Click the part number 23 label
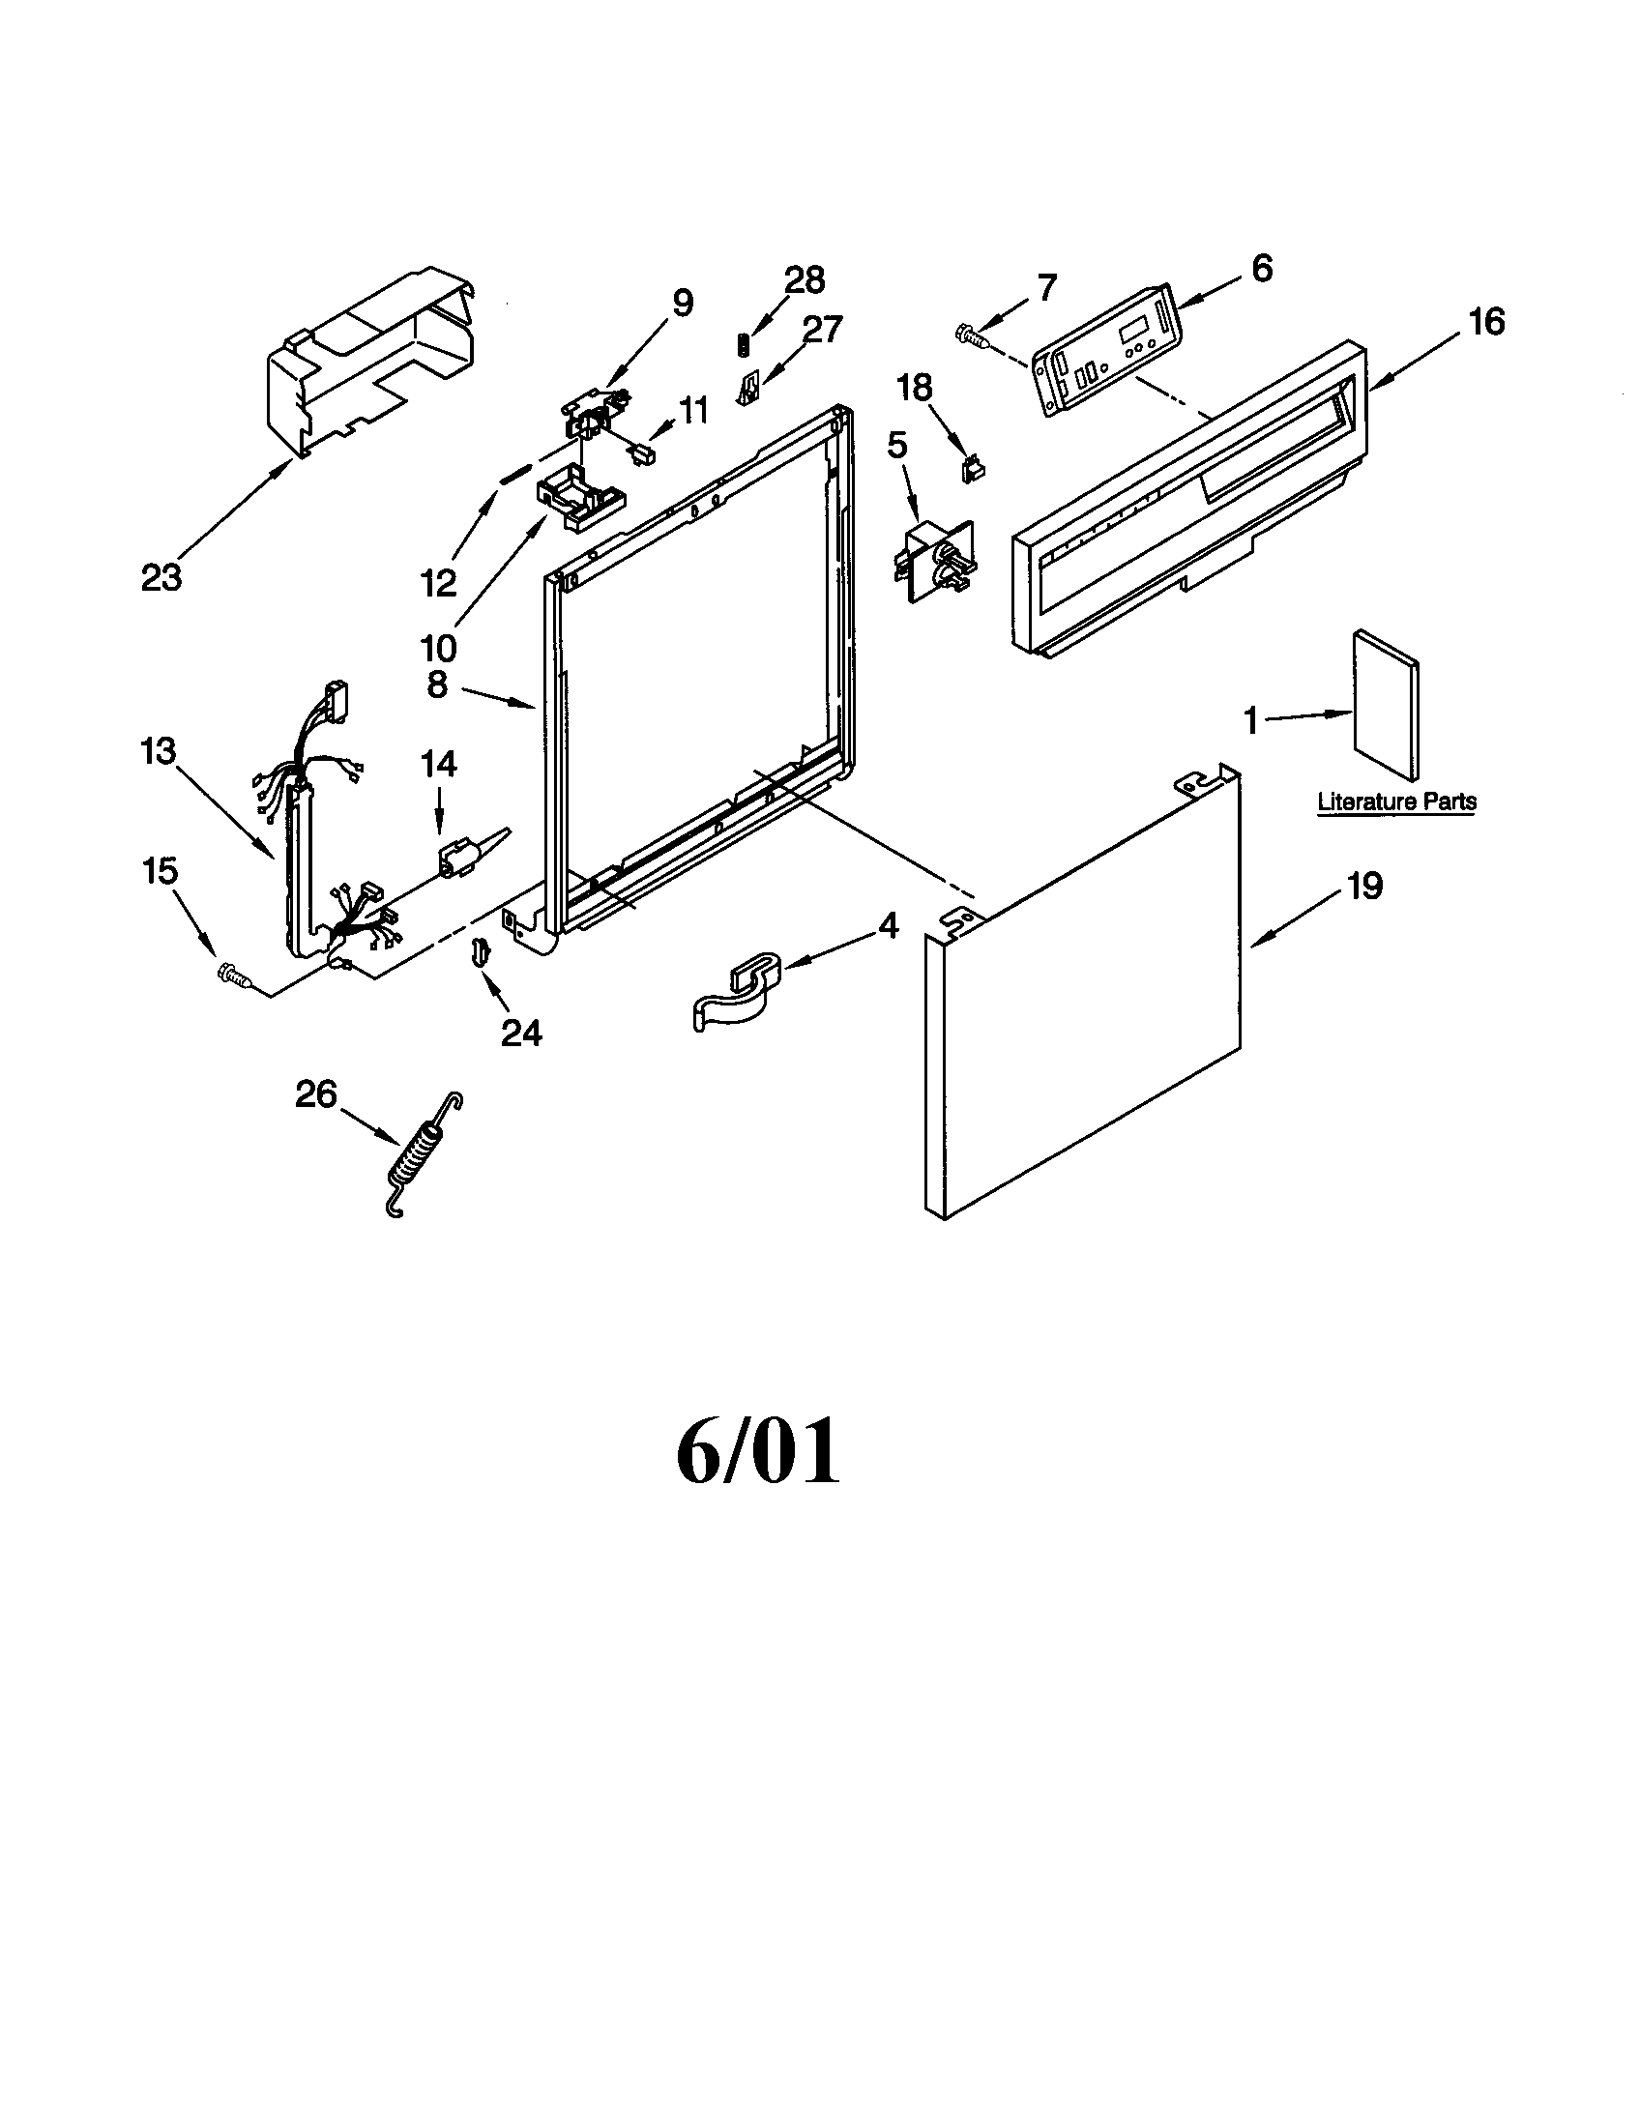coord(161,577)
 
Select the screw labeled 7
coord(972,334)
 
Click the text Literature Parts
coord(1396,802)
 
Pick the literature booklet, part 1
coord(1384,704)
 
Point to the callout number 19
coord(1365,887)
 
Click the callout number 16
coord(1486,321)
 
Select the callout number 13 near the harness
coord(158,751)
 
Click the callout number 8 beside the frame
coord(437,685)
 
